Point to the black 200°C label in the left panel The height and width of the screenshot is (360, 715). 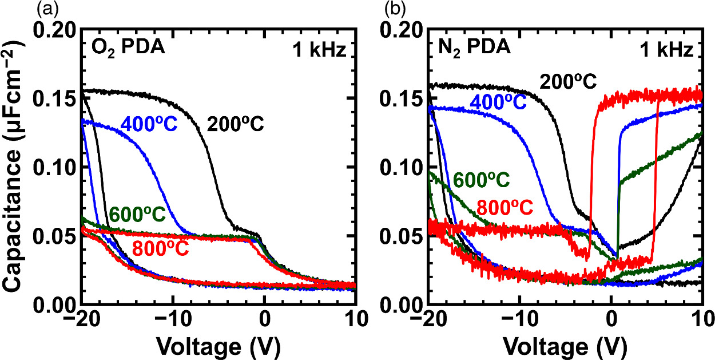[236, 123]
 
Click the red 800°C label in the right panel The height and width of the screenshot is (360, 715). [505, 205]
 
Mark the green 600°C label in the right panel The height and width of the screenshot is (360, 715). [480, 180]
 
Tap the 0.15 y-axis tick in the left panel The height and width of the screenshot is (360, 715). [55, 99]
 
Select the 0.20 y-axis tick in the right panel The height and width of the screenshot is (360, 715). [402, 30]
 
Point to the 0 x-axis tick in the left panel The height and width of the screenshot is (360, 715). [264, 319]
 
